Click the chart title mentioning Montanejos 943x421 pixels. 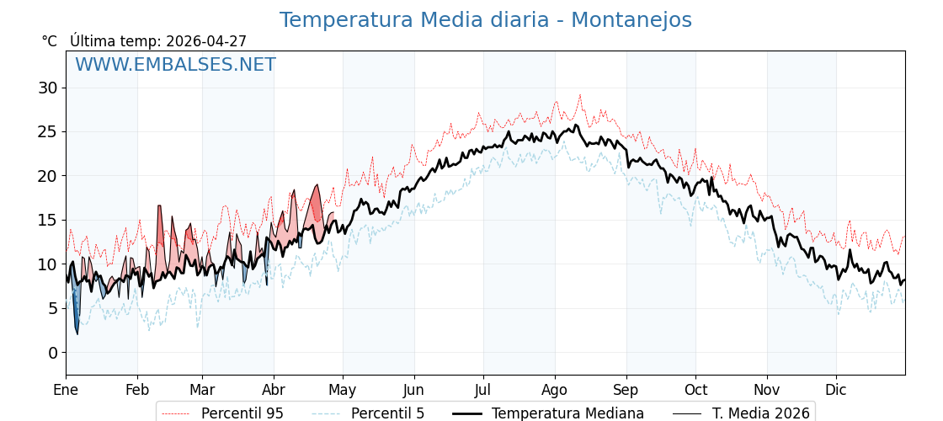[485, 20]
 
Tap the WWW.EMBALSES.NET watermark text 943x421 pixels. [175, 65]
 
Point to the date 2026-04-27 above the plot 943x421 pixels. [206, 41]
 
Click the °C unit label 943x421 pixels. [50, 41]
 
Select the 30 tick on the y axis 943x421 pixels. [48, 88]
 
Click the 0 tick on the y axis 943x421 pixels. [53, 352]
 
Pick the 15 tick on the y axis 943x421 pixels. [48, 220]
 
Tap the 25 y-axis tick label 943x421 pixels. [48, 131]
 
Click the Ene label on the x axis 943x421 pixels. [66, 390]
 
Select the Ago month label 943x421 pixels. [555, 390]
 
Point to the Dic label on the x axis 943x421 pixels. [836, 390]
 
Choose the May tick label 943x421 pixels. [343, 390]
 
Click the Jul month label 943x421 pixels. [483, 390]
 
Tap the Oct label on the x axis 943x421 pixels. [695, 390]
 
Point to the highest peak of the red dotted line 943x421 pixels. [580, 95]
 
